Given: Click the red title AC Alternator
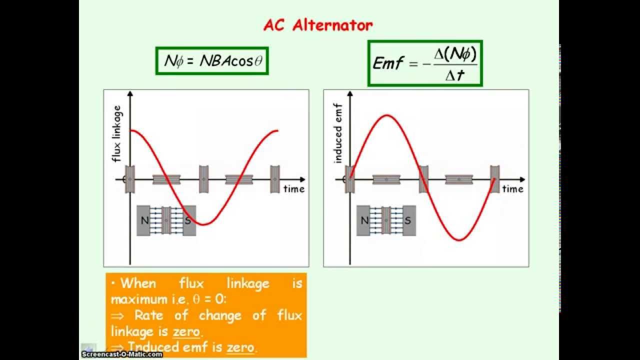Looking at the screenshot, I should pos(318,25).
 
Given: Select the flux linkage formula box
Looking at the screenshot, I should pos(212,61).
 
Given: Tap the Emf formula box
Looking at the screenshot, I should pos(425,63).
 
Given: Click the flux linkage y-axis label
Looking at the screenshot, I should pos(117,133).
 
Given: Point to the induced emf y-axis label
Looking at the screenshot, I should pos(337,133).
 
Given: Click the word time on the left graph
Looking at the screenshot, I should pos(293,189).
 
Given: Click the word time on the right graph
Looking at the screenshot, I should pos(512,189).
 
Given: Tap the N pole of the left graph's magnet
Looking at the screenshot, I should pos(144,220).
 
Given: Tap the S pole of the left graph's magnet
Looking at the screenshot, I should pos(188,220).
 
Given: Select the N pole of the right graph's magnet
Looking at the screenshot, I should pos(364,220).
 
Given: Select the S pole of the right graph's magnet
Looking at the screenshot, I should pos(408,220).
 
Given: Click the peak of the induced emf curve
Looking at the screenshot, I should pos(386,115).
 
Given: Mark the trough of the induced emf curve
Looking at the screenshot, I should pos(459,240).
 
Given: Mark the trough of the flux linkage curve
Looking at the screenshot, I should pos(203,224).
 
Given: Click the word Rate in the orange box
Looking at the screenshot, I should pos(149,315).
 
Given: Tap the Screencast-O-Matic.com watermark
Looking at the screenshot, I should pos(122,354).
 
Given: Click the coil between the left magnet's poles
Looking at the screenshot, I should pos(166,220).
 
